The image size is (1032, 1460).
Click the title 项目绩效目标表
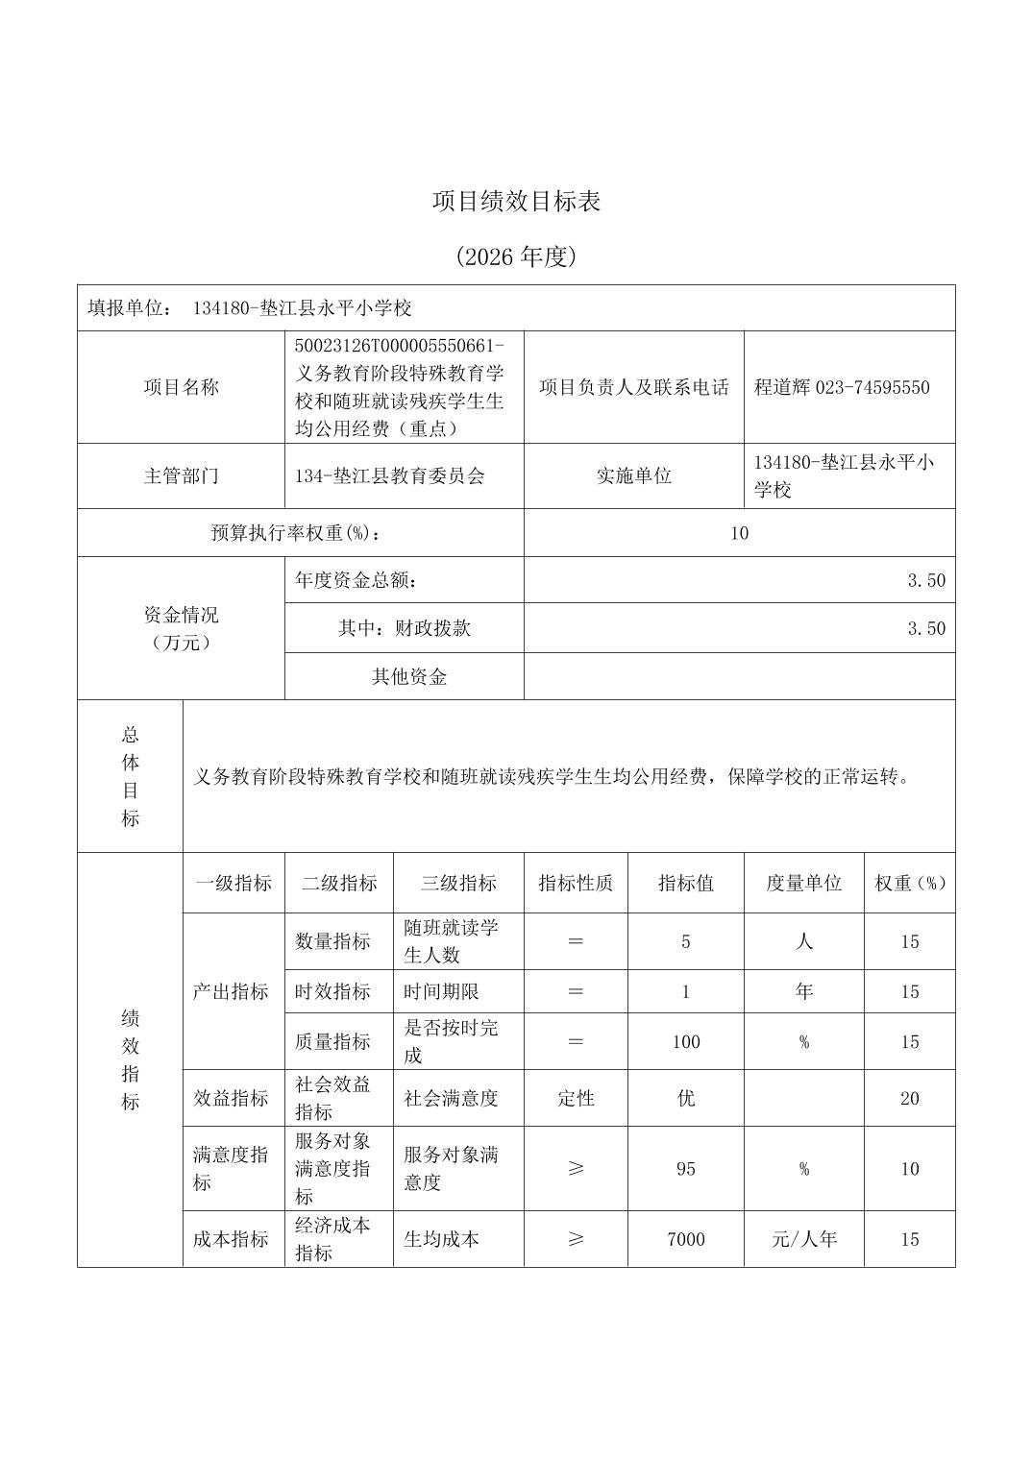pyautogui.click(x=516, y=202)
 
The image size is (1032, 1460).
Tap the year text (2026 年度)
pyautogui.click(x=516, y=256)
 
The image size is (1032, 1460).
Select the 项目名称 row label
pyautogui.click(x=181, y=387)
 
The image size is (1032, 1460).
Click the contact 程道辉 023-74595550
pyautogui.click(x=842, y=387)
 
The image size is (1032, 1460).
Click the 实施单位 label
pyautogui.click(x=633, y=475)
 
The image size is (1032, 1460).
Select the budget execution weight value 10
pyautogui.click(x=739, y=533)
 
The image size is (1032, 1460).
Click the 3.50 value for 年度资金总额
pyautogui.click(x=926, y=580)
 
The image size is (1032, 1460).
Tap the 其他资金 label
pyautogui.click(x=409, y=676)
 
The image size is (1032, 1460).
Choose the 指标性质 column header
pyautogui.click(x=576, y=883)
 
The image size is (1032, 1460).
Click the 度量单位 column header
pyautogui.click(x=803, y=883)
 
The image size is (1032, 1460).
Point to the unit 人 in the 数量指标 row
pyautogui.click(x=804, y=941)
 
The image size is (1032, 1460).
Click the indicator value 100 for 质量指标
pyautogui.click(x=686, y=1041)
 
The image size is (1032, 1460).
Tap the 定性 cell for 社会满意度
pyautogui.click(x=576, y=1098)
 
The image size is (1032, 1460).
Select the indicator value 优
pyautogui.click(x=686, y=1098)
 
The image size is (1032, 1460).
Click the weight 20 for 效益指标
pyautogui.click(x=910, y=1098)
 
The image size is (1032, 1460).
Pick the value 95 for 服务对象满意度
pyautogui.click(x=686, y=1169)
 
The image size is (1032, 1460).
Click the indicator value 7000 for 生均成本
pyautogui.click(x=686, y=1239)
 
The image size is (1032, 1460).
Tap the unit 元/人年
pyautogui.click(x=804, y=1239)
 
